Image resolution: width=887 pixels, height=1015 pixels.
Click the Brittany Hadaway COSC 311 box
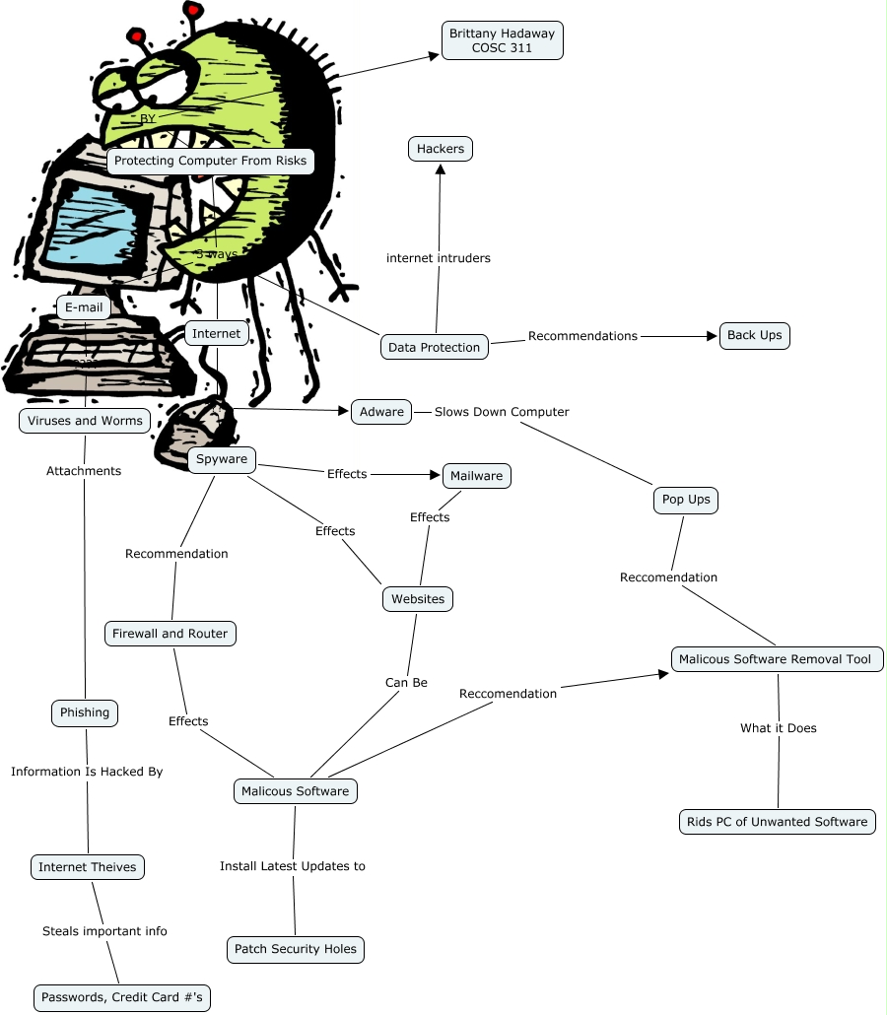click(502, 40)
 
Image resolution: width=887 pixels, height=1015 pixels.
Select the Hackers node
click(440, 149)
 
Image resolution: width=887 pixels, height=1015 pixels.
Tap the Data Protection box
click(434, 347)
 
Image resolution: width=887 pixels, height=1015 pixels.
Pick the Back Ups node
click(754, 335)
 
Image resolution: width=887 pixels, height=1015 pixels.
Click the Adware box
click(381, 412)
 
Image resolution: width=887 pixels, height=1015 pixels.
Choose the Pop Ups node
click(686, 500)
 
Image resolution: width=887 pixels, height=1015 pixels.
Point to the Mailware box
click(476, 476)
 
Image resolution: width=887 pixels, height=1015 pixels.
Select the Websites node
click(417, 599)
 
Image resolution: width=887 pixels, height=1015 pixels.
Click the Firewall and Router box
click(170, 634)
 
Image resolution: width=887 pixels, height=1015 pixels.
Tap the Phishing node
click(85, 712)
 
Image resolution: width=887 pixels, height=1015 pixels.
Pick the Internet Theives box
click(88, 867)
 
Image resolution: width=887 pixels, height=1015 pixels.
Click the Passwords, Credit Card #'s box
click(122, 997)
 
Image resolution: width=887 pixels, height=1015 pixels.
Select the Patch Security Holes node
click(296, 949)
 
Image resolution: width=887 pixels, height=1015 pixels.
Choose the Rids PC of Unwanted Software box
click(777, 821)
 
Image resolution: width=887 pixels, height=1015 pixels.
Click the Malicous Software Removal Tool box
click(777, 659)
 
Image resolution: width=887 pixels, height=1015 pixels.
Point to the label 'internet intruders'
click(438, 258)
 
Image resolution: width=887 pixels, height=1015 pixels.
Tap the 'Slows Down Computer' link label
click(502, 412)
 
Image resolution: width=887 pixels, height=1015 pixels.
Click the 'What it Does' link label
click(778, 728)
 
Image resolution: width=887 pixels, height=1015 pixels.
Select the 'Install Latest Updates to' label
click(292, 866)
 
